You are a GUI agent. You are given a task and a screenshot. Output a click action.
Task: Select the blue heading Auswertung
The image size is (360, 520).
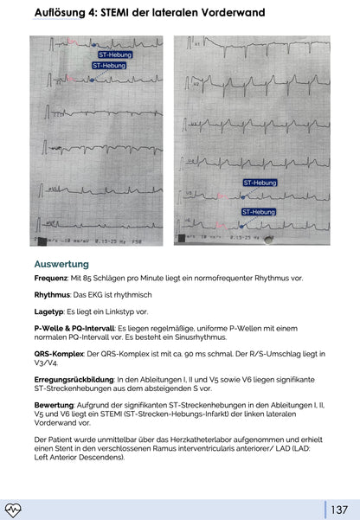61,263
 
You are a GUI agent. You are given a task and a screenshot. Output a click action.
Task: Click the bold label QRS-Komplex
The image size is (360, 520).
59,353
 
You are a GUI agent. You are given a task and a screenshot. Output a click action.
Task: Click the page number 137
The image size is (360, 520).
338,510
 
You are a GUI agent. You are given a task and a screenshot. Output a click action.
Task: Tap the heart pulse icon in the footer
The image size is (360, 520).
13,510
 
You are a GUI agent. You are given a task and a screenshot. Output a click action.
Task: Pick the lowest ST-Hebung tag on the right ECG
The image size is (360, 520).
258,211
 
